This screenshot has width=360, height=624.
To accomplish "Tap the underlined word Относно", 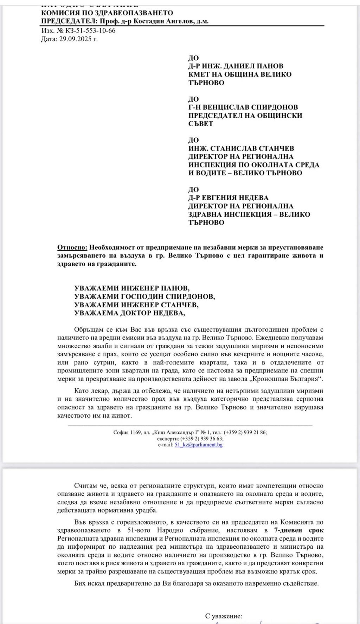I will coord(71,247).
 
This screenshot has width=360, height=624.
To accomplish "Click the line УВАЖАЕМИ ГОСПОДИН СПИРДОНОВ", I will coord(144,297).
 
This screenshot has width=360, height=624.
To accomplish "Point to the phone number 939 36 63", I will coord(212,439).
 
